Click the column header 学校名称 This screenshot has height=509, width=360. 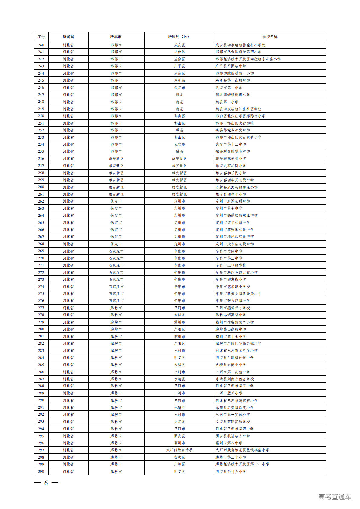pyautogui.click(x=270, y=37)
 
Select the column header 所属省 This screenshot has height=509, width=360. pyautogui.click(x=68, y=37)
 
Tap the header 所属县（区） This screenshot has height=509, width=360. pyautogui.click(x=179, y=37)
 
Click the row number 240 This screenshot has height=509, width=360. pyautogui.click(x=41, y=45)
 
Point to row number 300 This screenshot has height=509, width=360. pyautogui.click(x=41, y=472)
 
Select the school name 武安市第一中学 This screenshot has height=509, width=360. pyautogui.click(x=229, y=88)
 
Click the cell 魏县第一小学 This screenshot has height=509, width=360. pyautogui.click(x=227, y=102)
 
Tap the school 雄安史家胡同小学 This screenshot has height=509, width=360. pyautogui.click(x=231, y=166)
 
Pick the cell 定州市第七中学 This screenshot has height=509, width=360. pyautogui.click(x=229, y=208)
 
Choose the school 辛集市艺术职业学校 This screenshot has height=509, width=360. pyautogui.click(x=233, y=287)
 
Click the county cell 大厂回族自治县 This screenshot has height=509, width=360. pyautogui.click(x=179, y=450)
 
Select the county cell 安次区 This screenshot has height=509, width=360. pyautogui.click(x=179, y=457)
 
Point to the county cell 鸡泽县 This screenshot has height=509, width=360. pyautogui.click(x=179, y=80)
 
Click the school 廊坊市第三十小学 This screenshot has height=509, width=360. pyautogui.click(x=231, y=457)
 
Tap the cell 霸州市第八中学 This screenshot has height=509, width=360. pyautogui.click(x=229, y=443)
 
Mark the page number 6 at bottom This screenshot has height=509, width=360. pyautogui.click(x=46, y=483)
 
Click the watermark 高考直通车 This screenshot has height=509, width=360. pyautogui.click(x=335, y=497)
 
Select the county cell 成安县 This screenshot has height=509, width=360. pyautogui.click(x=179, y=45)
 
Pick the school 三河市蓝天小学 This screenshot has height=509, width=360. pyautogui.click(x=229, y=393)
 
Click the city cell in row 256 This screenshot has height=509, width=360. pyautogui.click(x=116, y=158)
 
